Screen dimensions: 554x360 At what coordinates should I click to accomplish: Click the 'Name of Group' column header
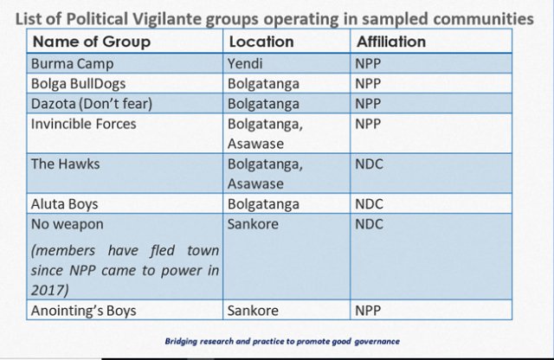click(x=92, y=42)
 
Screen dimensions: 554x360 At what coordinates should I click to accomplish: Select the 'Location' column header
click(x=261, y=42)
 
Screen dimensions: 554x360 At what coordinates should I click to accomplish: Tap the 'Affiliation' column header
click(x=391, y=42)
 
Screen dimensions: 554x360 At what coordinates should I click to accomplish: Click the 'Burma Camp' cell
click(x=72, y=64)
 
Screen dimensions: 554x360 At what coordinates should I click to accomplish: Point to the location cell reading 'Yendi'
click(x=245, y=63)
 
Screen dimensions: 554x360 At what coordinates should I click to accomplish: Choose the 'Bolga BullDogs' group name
click(x=78, y=84)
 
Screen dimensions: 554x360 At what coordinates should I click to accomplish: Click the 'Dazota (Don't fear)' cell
click(x=92, y=104)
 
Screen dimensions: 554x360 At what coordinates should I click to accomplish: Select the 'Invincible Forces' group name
click(x=83, y=124)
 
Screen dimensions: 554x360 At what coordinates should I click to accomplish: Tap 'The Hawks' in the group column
click(x=66, y=164)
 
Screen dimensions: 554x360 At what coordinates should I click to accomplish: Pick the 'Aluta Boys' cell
click(x=64, y=204)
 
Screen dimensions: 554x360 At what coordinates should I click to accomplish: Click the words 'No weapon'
click(x=68, y=224)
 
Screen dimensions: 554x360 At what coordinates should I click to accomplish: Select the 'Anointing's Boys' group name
click(x=83, y=311)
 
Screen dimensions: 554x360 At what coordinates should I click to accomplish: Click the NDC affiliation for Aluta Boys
click(x=369, y=204)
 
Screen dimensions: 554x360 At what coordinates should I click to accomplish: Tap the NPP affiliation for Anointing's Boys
click(x=368, y=311)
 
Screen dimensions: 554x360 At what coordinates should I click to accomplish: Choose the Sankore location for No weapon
click(x=253, y=224)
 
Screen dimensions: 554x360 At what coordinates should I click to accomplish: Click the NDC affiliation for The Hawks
click(x=369, y=164)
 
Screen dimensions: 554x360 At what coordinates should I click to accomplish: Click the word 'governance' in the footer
click(x=377, y=341)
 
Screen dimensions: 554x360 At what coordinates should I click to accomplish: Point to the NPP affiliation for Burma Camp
click(x=368, y=64)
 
